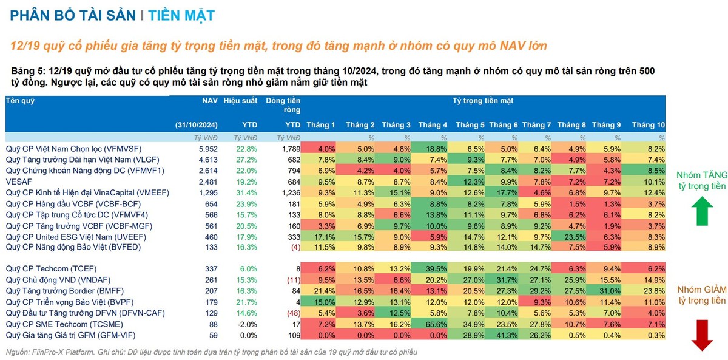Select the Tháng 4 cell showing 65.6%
coord(433,324)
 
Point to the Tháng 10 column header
coord(648,125)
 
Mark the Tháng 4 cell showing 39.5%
coord(433,268)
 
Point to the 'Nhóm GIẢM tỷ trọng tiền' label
coord(701,295)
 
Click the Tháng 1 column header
coord(321,125)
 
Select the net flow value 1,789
coord(291,148)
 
